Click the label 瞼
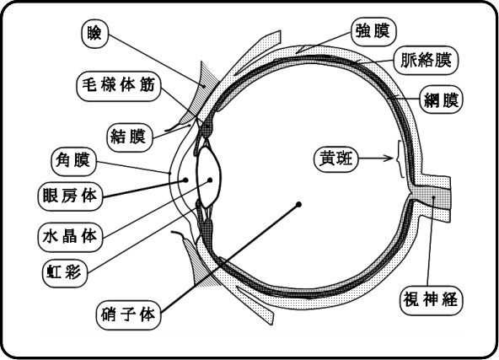point(95,34)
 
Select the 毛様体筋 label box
point(119,86)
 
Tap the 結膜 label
point(129,137)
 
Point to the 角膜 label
point(73,161)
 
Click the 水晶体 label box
point(70,238)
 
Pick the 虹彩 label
point(65,272)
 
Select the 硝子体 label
point(129,315)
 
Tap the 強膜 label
point(373,32)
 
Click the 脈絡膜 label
point(426,61)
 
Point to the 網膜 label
point(441,99)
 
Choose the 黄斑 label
point(336,159)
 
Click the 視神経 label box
point(432,300)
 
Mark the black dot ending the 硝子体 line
point(298,205)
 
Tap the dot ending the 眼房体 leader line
point(185,180)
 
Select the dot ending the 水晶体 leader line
point(210,180)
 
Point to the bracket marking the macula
point(400,159)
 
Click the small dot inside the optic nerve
point(433,197)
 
